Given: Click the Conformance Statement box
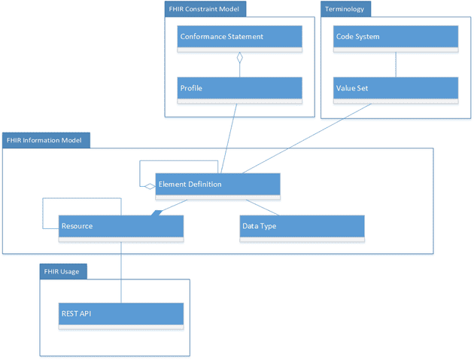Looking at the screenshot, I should (240, 38).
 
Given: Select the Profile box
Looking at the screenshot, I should (240, 88).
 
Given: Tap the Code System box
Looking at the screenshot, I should (396, 38).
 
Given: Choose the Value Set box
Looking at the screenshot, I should (396, 88).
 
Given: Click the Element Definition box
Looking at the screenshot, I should (217, 185).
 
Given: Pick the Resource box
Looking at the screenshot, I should (121, 227).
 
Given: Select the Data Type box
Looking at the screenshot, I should (302, 227).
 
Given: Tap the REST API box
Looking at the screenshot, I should (121, 314).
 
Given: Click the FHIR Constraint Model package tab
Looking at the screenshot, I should (205, 9).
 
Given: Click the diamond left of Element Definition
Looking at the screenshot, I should (150, 185).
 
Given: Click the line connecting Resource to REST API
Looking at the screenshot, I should (121, 271).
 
